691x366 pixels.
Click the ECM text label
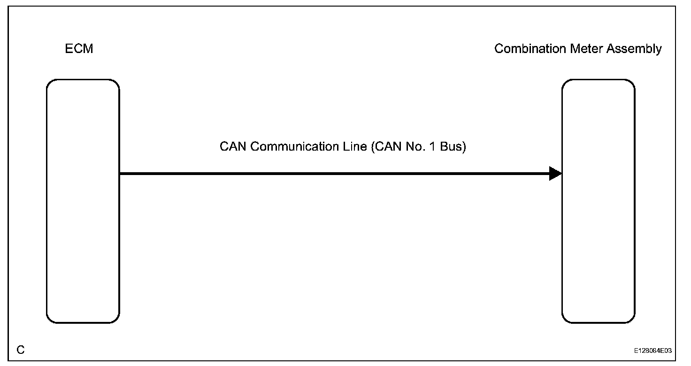click(79, 49)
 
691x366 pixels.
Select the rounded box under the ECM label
click(83, 201)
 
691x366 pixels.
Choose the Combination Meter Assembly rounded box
click(599, 201)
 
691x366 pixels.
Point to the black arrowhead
click(555, 174)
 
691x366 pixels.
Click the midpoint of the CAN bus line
click(341, 174)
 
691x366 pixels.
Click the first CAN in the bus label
click(233, 147)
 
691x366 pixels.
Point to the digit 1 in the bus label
click(431, 147)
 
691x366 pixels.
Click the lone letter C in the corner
click(21, 350)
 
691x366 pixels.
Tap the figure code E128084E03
click(653, 351)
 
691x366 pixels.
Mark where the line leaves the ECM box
click(120, 174)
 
